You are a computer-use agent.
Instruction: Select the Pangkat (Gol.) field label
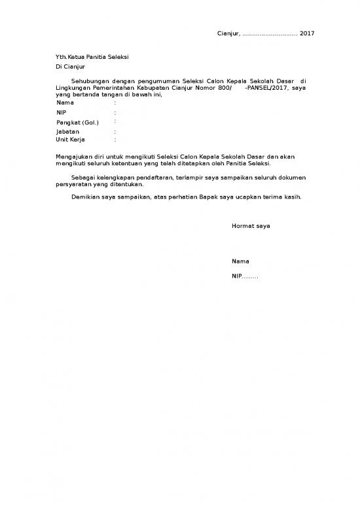77,123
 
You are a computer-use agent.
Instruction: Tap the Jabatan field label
67,132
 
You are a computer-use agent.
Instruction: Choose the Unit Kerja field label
71,140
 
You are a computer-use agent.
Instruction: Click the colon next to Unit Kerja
115,140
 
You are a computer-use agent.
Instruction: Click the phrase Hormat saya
251,226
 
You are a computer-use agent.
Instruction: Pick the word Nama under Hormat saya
240,261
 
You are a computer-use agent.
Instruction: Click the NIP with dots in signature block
245,276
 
